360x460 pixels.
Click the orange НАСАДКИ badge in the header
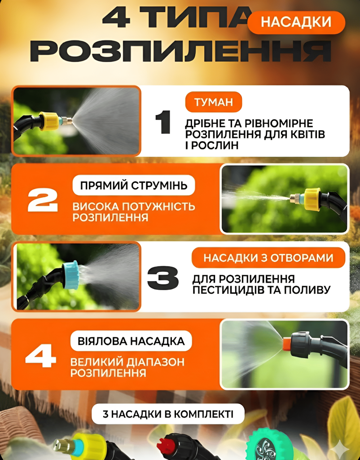click(296, 22)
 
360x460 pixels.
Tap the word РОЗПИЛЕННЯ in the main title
click(181, 51)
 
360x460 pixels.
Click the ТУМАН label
click(213, 102)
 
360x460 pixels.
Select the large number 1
click(163, 122)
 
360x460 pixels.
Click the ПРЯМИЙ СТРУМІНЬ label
click(134, 186)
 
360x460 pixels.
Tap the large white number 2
click(43, 200)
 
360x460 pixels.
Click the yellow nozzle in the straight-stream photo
click(312, 199)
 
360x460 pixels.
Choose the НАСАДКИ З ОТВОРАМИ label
click(268, 257)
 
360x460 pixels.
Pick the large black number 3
click(162, 278)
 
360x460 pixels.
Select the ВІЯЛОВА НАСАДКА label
click(131, 341)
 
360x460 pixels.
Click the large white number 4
click(41, 356)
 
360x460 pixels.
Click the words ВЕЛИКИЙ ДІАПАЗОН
click(127, 362)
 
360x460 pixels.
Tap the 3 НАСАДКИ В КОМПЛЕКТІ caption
click(168, 414)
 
